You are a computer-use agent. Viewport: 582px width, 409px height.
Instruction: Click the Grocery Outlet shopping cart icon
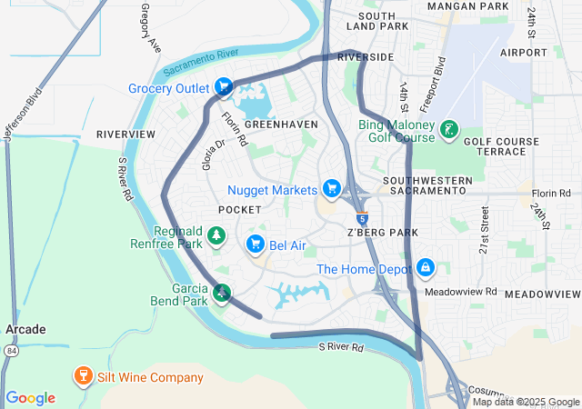[x=224, y=88]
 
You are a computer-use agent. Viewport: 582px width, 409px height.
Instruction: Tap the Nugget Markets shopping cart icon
[x=333, y=189]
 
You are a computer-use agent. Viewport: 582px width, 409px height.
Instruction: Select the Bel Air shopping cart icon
[x=256, y=244]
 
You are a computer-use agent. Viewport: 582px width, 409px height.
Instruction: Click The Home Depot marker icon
[x=425, y=268]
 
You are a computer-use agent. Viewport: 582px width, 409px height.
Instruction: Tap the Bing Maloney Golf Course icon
[x=448, y=130]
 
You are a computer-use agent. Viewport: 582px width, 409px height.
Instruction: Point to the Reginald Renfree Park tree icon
[x=216, y=237]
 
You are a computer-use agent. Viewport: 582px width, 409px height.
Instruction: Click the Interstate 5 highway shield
[x=363, y=218]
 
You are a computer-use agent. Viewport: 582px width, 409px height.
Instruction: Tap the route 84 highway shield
[x=10, y=350]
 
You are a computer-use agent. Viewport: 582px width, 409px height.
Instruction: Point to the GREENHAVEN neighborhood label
[x=281, y=124]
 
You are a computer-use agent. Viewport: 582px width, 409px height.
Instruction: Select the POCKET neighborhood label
[x=240, y=210]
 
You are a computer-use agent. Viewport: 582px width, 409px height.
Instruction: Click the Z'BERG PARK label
[x=381, y=233]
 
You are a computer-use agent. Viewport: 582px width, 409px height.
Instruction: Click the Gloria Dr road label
[x=213, y=155]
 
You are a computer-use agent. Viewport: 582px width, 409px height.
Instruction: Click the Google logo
[x=31, y=398]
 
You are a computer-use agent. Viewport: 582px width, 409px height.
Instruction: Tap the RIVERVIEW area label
[x=125, y=134]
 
